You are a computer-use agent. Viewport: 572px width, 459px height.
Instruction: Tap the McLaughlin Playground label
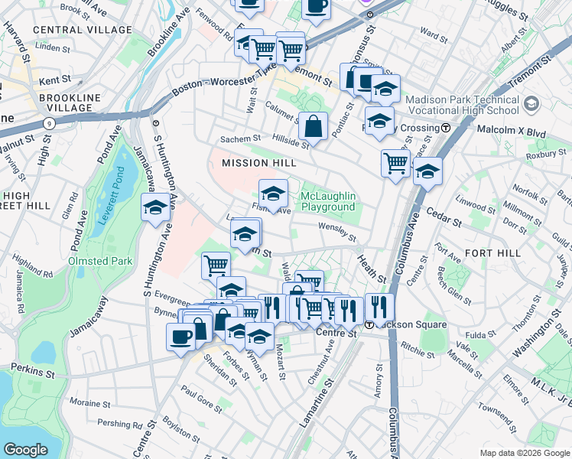coord(328,202)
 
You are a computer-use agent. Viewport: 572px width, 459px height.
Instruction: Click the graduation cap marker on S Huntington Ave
coord(155,207)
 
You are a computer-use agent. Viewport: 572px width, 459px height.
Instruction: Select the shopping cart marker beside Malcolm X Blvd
coord(395,163)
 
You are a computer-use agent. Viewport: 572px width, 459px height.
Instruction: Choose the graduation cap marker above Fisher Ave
coord(273,193)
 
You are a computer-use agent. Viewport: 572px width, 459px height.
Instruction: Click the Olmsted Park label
coord(101,261)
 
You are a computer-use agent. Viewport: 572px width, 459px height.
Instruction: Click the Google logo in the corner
coord(25,450)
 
